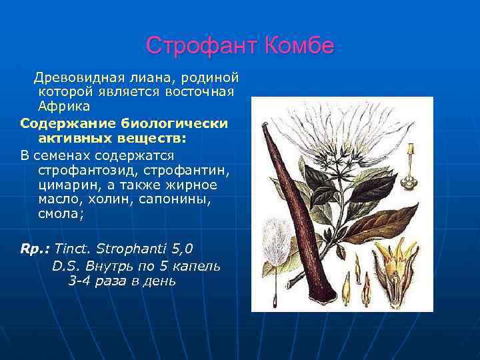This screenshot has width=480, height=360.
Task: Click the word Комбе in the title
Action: pyautogui.click(x=298, y=46)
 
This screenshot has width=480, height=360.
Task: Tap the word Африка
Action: pyautogui.click(x=64, y=107)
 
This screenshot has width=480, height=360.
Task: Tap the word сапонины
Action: pyautogui.click(x=179, y=200)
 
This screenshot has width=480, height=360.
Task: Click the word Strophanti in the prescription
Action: pyautogui.click(x=125, y=249)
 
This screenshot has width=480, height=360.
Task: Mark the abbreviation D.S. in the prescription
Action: pyautogui.click(x=66, y=265)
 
